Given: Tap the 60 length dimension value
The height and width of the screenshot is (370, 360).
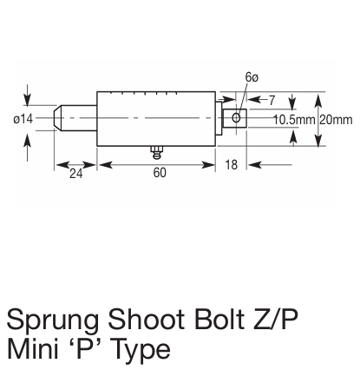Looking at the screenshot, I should click(160, 173).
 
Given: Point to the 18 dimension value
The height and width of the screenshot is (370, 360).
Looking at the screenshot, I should click(232, 164).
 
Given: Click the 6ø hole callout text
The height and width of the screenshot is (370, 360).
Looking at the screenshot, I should click(252, 78).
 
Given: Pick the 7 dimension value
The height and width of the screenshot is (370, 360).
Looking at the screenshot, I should click(271, 102).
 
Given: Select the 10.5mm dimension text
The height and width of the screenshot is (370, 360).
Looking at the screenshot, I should click(294, 118).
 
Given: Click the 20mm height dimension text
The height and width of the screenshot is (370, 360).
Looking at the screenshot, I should click(337, 118).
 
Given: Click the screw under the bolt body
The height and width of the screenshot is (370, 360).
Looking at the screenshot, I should click(157, 152).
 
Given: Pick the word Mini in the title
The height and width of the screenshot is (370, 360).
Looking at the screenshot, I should click(32, 351).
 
